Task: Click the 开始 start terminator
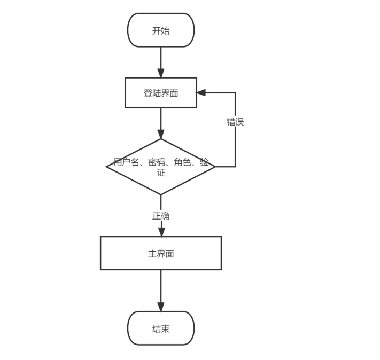[x=160, y=30]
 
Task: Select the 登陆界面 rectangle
[x=160, y=93]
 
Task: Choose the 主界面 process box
[x=160, y=253]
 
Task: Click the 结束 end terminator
[x=160, y=328]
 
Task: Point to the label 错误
[x=235, y=122]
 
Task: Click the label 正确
[x=161, y=216]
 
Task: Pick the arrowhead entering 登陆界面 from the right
[x=201, y=92]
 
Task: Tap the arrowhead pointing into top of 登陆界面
[x=161, y=73]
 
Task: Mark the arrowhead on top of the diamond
[x=161, y=134]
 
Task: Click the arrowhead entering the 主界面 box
[x=161, y=232]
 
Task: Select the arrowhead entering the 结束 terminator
[x=161, y=307]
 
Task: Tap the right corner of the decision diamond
[x=215, y=167]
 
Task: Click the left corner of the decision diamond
[x=107, y=167]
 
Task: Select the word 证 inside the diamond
[x=161, y=173]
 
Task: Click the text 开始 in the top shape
[x=160, y=30]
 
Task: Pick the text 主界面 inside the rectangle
[x=160, y=254]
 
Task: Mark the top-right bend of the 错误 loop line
[x=235, y=92]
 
